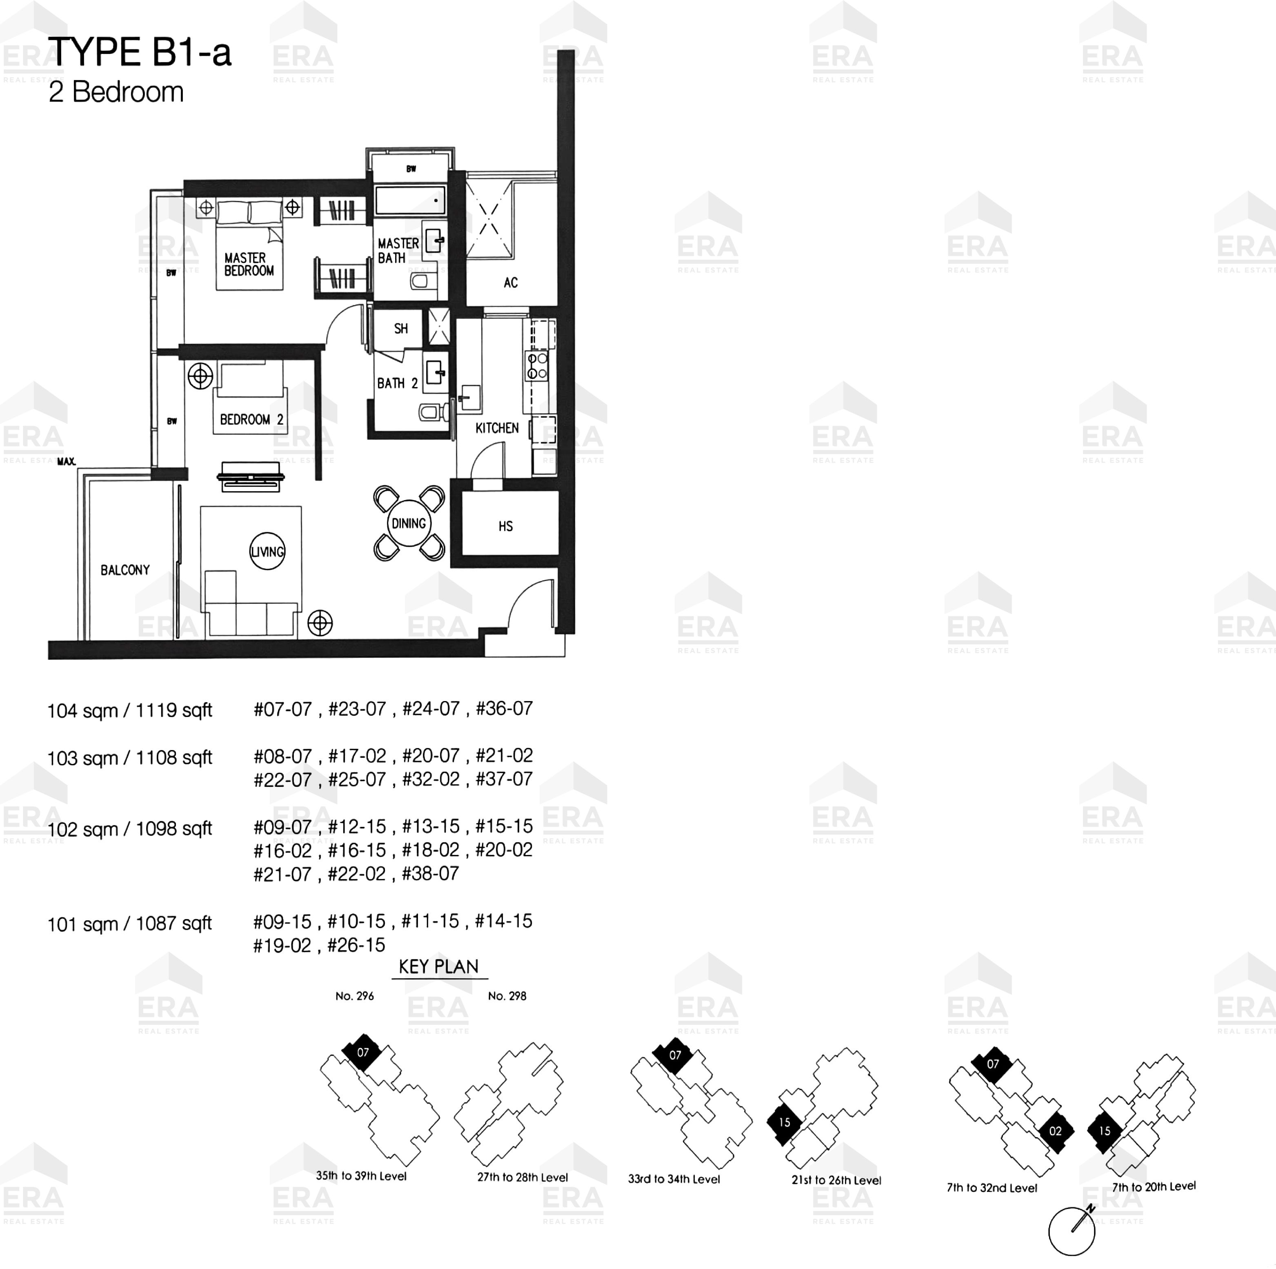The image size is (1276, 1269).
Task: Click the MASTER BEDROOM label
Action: pyautogui.click(x=249, y=264)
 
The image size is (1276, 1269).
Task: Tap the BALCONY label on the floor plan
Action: pyautogui.click(x=125, y=570)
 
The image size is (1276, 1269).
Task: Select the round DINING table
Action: pyautogui.click(x=409, y=523)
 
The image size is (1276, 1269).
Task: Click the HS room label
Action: pyautogui.click(x=506, y=526)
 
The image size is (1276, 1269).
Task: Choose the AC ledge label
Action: pyautogui.click(x=511, y=283)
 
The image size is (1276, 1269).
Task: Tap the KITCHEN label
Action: pyautogui.click(x=497, y=428)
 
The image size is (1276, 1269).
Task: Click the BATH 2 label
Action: pyautogui.click(x=397, y=383)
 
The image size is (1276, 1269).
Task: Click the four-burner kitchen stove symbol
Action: pyautogui.click(x=536, y=366)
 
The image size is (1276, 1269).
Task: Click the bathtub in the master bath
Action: pyautogui.click(x=410, y=200)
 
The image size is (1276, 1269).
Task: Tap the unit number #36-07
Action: pyautogui.click(x=504, y=709)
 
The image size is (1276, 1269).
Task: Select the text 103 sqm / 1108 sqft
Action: pyautogui.click(x=129, y=758)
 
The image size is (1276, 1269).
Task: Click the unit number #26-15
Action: pyautogui.click(x=356, y=945)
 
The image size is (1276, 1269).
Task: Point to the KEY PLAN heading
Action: pyautogui.click(x=438, y=967)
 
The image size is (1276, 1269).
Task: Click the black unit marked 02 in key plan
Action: pyautogui.click(x=1055, y=1131)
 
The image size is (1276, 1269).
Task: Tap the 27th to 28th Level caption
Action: pyautogui.click(x=522, y=1177)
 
